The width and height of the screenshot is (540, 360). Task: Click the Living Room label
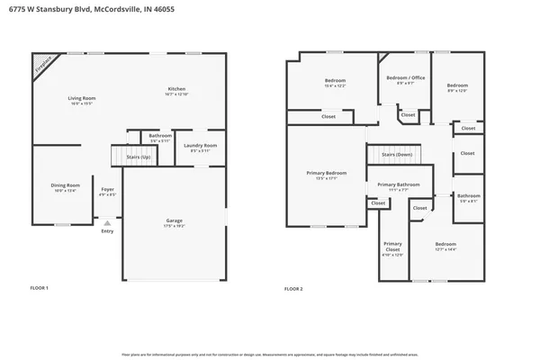(x=82, y=98)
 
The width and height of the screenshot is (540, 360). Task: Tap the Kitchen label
(x=176, y=88)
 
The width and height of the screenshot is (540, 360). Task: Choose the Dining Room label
(x=65, y=185)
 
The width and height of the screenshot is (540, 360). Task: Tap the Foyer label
(x=107, y=189)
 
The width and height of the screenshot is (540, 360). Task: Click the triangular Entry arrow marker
(x=107, y=222)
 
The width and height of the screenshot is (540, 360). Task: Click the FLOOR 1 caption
(x=40, y=289)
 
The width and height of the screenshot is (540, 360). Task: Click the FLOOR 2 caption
(x=293, y=289)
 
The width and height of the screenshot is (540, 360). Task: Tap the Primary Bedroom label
(x=325, y=173)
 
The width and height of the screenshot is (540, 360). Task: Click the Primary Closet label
(x=392, y=246)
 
